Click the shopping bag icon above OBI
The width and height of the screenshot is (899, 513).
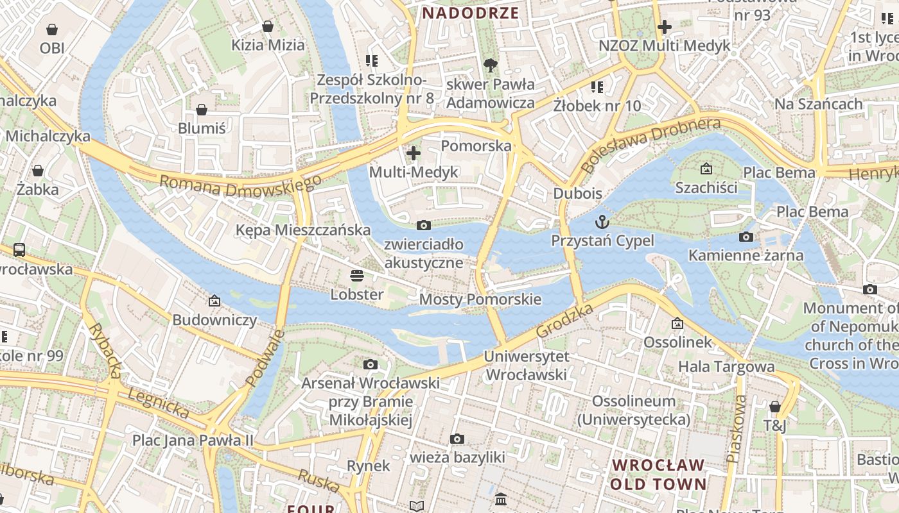[52, 29]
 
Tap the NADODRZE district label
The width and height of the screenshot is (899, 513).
[470, 13]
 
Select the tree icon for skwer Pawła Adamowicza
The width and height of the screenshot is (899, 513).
[490, 64]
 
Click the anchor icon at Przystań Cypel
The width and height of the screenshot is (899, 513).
[602, 222]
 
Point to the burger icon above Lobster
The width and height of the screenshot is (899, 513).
[357, 276]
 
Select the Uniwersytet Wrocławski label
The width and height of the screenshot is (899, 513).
[527, 366]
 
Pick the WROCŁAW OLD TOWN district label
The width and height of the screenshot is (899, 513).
[658, 475]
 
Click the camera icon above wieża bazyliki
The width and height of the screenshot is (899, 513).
[457, 439]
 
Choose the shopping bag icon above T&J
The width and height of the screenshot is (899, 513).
[775, 407]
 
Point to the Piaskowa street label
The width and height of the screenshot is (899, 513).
[737, 428]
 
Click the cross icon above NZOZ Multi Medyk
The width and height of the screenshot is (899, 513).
[665, 27]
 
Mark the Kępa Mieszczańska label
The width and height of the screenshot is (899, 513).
[303, 230]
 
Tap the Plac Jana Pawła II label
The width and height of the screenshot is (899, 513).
[193, 441]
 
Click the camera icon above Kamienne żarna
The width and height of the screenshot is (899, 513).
[746, 237]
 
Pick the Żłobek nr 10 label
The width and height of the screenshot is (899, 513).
[597, 106]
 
